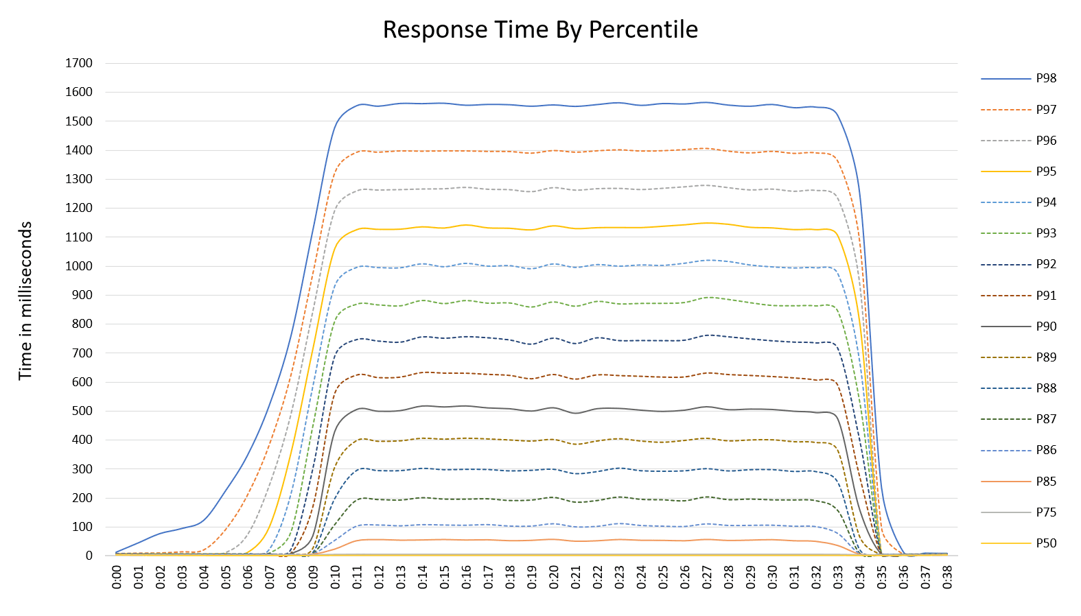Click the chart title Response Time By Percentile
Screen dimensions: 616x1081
pos(540,29)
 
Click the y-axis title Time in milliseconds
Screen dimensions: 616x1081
pos(25,300)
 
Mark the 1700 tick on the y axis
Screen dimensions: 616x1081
pos(79,63)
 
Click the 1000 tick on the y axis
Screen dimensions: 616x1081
pos(79,266)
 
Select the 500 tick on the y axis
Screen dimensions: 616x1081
pos(79,411)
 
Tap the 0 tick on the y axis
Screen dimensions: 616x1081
pos(89,556)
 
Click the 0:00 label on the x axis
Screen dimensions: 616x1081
pos(117,577)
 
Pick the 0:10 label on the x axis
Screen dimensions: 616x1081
pos(336,577)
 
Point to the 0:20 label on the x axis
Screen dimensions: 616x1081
pos(554,577)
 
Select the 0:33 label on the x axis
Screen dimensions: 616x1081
pos(838,577)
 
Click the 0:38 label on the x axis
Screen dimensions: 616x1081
pos(947,577)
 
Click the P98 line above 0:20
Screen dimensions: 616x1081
pos(554,105)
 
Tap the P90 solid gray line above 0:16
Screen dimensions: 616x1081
pos(467,406)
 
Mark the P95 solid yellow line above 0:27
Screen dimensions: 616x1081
pos(707,223)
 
